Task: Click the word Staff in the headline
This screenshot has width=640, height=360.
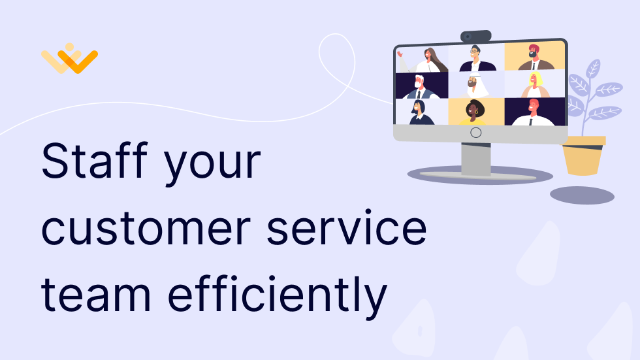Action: click(x=94, y=160)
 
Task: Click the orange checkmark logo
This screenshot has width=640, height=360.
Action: click(x=69, y=59)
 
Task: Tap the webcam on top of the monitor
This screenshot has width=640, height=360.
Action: click(x=476, y=37)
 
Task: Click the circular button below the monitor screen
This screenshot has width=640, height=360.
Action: click(x=476, y=133)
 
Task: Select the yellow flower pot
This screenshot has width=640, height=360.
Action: click(x=583, y=155)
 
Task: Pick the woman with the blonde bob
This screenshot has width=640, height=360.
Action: click(x=535, y=86)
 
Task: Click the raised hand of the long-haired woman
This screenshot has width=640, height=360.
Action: click(x=400, y=53)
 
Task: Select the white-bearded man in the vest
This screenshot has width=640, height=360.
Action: click(x=420, y=86)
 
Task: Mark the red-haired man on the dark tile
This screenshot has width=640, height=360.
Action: click(x=533, y=112)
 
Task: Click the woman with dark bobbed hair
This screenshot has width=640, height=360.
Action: click(x=421, y=112)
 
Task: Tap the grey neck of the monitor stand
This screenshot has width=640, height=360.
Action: click(x=476, y=159)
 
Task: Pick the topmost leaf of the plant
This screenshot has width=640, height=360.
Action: click(x=593, y=69)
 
